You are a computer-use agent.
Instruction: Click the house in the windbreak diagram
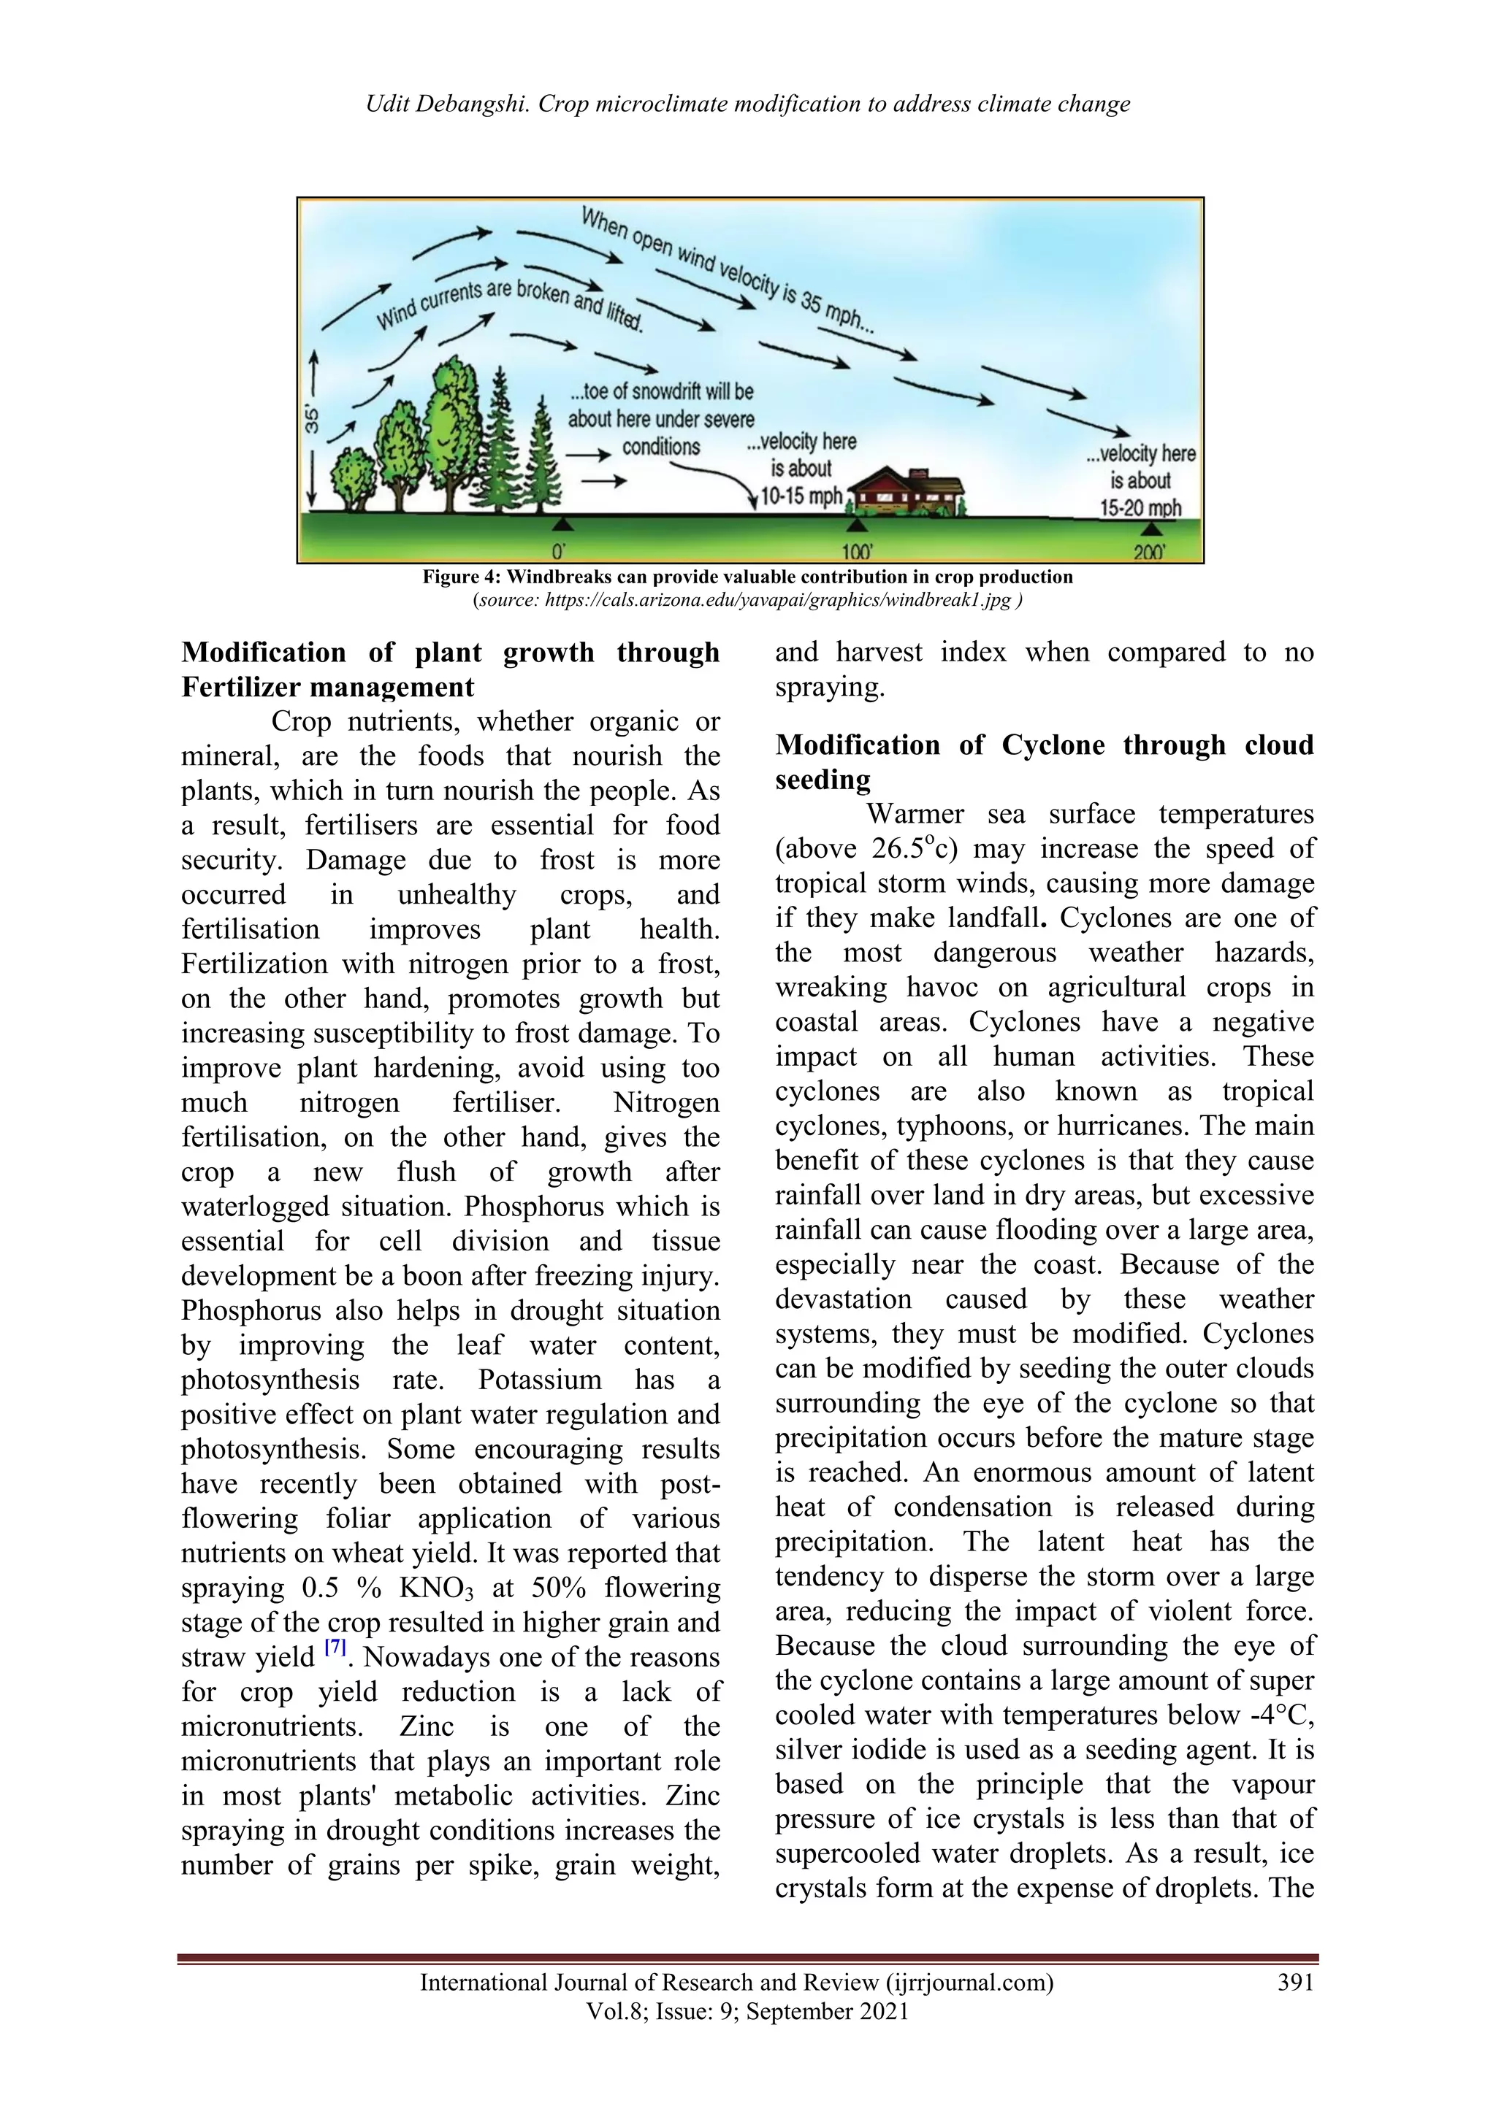907,490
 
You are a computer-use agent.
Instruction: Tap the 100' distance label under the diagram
857,553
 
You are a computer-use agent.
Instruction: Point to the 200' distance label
1150,553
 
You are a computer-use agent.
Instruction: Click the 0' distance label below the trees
558,553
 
